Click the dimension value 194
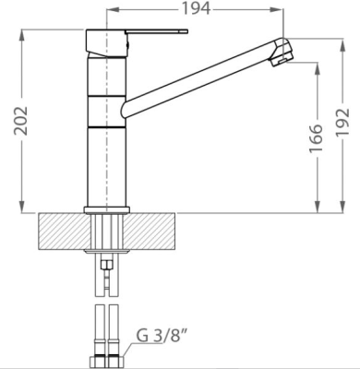tap(196, 8)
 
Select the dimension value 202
tap(21, 121)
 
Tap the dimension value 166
tap(316, 138)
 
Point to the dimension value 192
tap(342, 123)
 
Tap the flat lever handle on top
tap(156, 31)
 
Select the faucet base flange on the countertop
tap(106, 210)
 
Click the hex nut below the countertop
tap(106, 264)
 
